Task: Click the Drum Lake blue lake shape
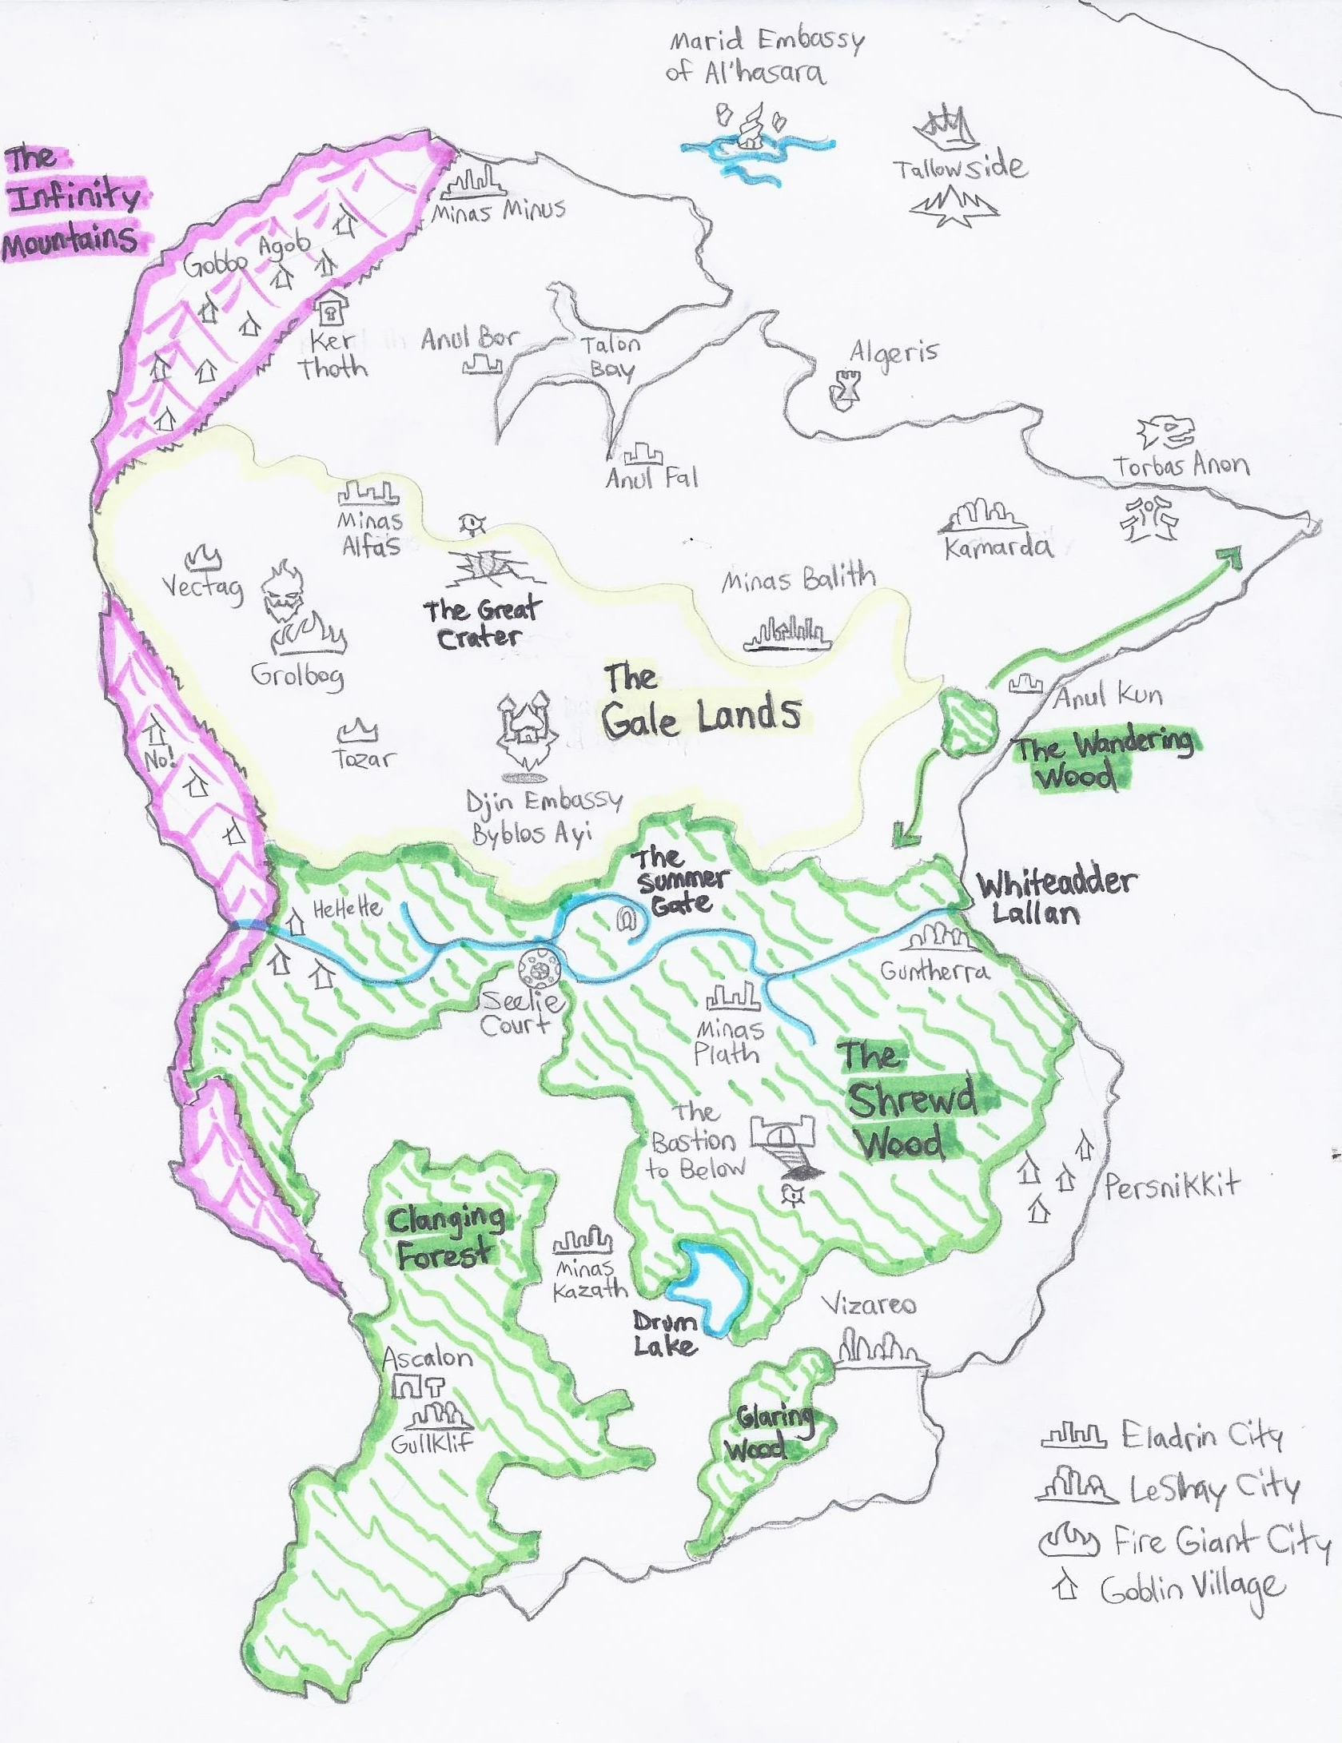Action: pyautogui.click(x=710, y=1284)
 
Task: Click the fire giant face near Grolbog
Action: pyautogui.click(x=283, y=592)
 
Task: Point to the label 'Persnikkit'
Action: pyautogui.click(x=1171, y=1185)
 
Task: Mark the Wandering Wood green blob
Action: pyautogui.click(x=968, y=722)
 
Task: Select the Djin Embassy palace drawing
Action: pyautogui.click(x=524, y=730)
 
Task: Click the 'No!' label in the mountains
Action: pyautogui.click(x=160, y=758)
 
